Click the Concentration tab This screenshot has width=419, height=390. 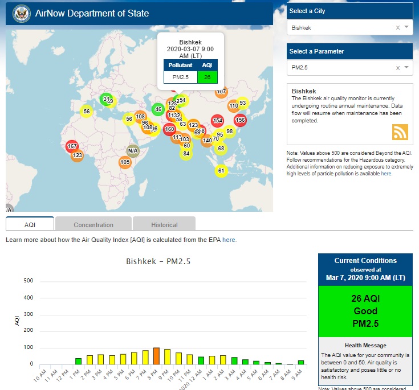93,225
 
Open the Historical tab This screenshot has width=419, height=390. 164,225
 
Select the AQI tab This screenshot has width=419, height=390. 30,225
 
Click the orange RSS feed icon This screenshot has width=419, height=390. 400,132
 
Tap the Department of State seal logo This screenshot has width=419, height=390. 21,13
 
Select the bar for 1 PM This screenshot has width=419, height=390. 78,361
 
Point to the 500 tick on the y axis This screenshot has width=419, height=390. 29,281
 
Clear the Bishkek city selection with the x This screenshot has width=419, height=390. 398,27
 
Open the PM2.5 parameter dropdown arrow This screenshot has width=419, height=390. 406,68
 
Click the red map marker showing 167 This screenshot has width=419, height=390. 72,146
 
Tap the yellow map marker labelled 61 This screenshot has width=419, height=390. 221,170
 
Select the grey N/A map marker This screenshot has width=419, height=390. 133,151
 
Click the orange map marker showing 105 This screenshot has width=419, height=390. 125,162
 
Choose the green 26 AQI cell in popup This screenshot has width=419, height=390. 207,77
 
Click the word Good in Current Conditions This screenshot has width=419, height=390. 365,311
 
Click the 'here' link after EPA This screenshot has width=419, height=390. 229,240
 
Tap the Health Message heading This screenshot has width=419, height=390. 365,345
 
